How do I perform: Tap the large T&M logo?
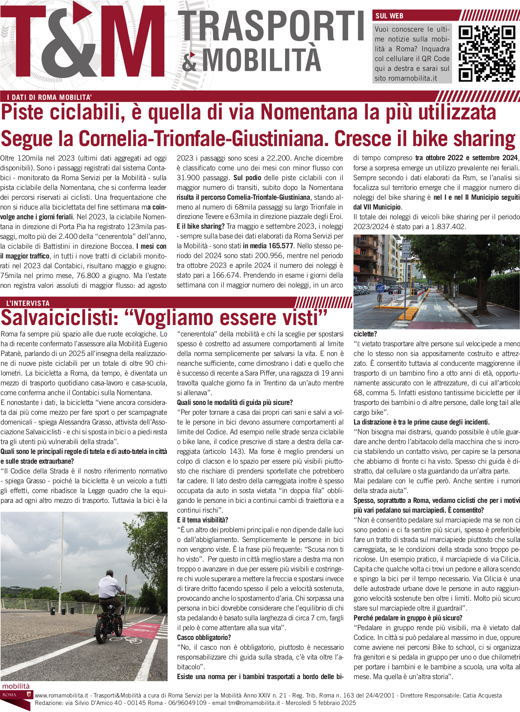[84, 41]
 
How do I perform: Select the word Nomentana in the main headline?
[309, 113]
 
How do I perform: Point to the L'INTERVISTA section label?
[28, 303]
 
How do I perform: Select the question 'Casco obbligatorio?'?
[204, 637]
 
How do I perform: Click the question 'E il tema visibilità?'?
[202, 520]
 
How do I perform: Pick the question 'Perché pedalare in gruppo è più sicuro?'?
[403, 618]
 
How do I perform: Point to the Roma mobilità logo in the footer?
[16, 696]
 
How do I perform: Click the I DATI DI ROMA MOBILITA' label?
[49, 98]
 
